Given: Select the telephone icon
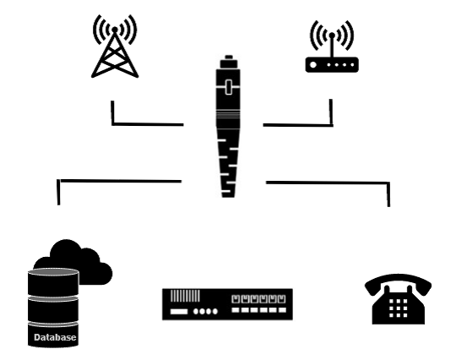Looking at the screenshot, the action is point(398,299).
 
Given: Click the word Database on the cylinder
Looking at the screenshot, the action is point(55,337).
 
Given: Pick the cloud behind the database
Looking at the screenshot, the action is point(87,262).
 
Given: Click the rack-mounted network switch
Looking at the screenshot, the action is point(227,304).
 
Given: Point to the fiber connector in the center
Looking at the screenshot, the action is point(229,126).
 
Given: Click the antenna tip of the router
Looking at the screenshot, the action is point(332,35).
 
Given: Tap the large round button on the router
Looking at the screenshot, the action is point(313,64).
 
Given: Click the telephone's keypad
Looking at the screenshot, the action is point(398,308).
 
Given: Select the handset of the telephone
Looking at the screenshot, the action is point(398,284).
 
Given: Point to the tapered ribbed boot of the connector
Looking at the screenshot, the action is point(229,162).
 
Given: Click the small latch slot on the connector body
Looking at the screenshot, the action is point(229,87).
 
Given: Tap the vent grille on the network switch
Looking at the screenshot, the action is point(185,296).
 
